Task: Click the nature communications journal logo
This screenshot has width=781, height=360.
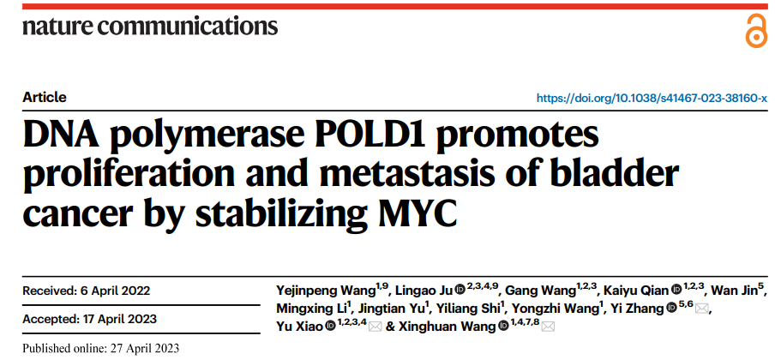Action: click(x=150, y=26)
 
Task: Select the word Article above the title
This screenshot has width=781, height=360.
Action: click(x=45, y=98)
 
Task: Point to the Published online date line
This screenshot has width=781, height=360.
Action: click(x=101, y=349)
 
